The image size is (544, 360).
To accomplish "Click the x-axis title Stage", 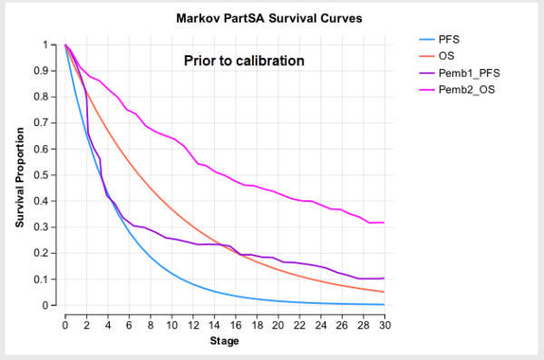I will click(x=225, y=343).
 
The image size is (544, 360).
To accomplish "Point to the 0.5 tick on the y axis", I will click(x=45, y=175).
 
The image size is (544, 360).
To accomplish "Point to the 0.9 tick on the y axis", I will click(x=45, y=71).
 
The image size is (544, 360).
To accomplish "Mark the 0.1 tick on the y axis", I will click(x=45, y=279).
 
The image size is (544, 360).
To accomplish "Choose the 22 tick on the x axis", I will click(x=299, y=324).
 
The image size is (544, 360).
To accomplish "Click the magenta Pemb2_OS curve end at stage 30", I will click(x=384, y=222).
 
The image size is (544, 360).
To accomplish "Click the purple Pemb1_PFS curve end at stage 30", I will click(x=384, y=278).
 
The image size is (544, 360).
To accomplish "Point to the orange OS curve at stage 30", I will click(x=384, y=292).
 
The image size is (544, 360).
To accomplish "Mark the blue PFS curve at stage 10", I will click(x=171, y=273).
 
